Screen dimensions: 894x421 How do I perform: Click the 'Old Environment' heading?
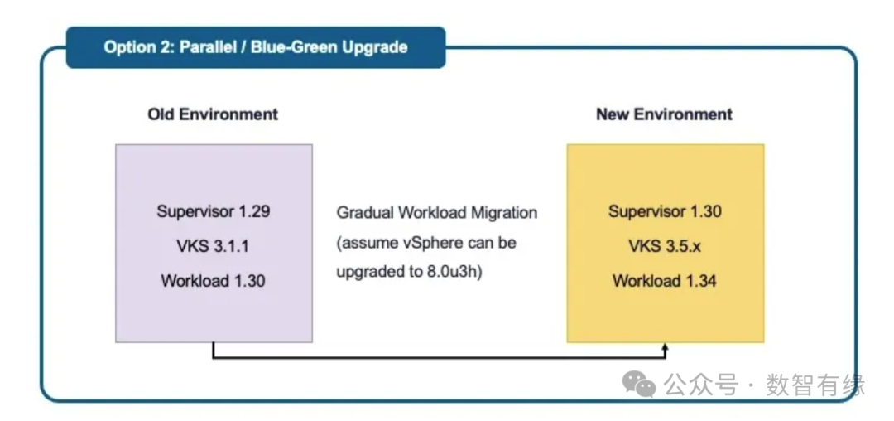213,114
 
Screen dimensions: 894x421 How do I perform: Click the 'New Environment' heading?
664,114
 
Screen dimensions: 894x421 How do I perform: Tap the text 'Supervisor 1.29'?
214,211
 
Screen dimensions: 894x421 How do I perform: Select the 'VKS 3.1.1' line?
214,246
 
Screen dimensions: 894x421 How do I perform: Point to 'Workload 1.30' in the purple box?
214,281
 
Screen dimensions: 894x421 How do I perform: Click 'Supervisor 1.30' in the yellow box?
665,211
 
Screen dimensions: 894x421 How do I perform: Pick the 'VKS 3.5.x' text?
665,246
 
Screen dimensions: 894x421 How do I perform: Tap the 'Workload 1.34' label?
665,281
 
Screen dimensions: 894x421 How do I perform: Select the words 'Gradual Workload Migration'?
437,213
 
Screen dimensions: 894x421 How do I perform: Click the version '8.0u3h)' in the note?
455,273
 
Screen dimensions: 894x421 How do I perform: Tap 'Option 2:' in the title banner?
138,46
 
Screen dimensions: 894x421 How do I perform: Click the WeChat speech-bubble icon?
639,383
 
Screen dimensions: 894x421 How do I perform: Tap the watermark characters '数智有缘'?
815,384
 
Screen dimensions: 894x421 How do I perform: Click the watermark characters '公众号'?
701,384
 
